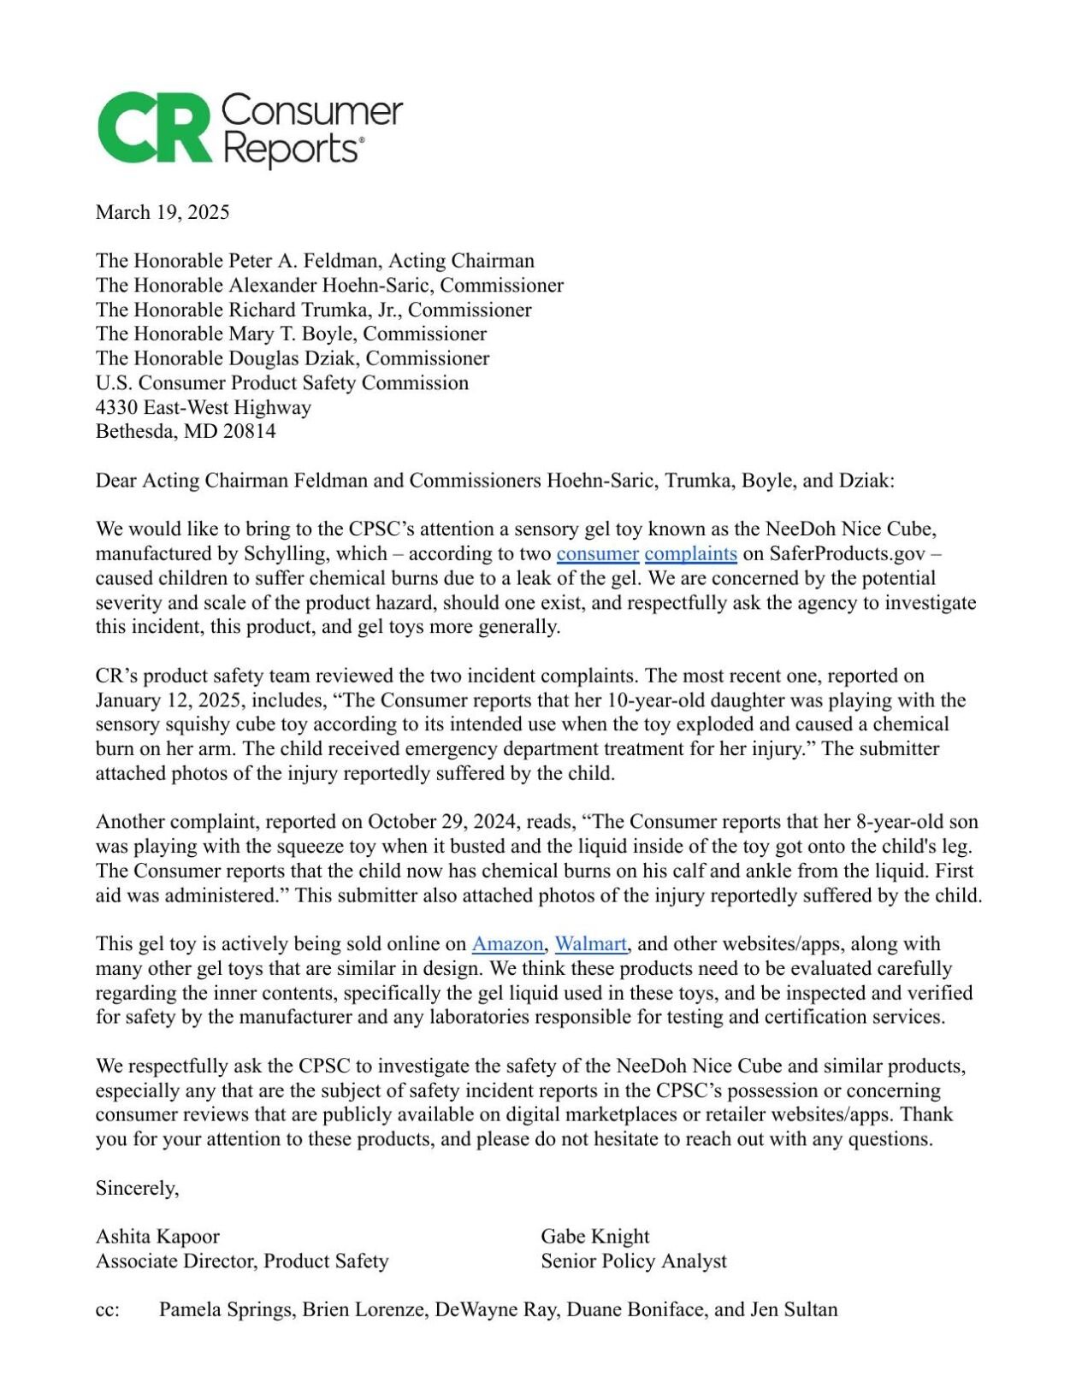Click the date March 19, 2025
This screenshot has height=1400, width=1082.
(x=163, y=212)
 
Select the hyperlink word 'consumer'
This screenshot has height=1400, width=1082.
(x=597, y=554)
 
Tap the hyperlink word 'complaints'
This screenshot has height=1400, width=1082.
(x=690, y=554)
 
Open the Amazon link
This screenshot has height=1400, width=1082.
(x=507, y=944)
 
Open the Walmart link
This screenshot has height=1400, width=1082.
(x=591, y=944)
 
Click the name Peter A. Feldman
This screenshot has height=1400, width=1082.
(x=304, y=261)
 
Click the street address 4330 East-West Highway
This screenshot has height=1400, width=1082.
(x=204, y=407)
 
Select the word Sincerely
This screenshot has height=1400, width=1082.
(x=137, y=1188)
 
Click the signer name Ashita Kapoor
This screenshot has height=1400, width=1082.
(x=157, y=1237)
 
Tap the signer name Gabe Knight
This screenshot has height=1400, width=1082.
(x=594, y=1237)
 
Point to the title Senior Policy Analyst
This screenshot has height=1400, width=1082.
(x=633, y=1261)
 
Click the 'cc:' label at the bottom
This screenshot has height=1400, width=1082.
(x=108, y=1310)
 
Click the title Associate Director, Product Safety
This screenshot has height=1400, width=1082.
(x=242, y=1261)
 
